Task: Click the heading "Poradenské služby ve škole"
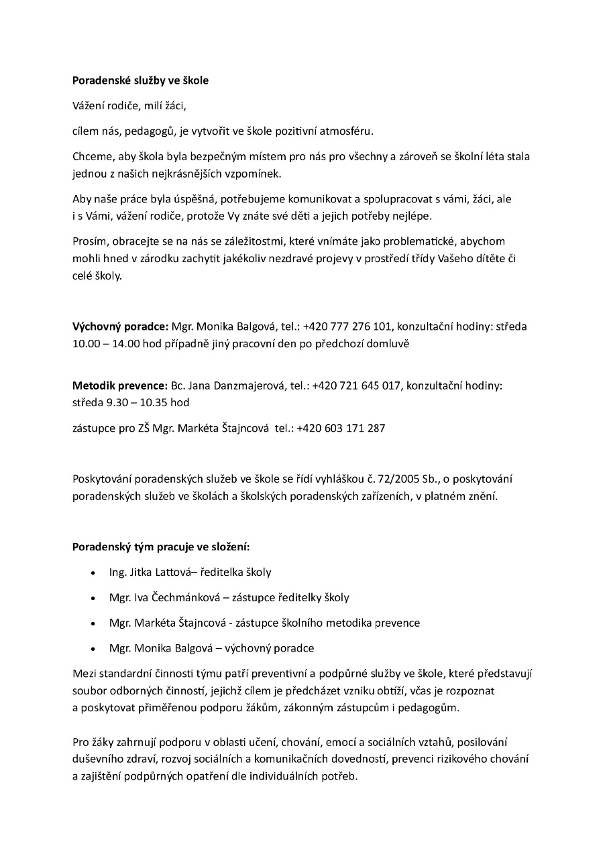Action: (x=140, y=80)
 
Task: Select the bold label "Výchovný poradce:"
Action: (x=120, y=326)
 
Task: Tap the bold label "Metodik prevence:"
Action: (x=119, y=386)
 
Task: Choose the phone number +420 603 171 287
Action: (x=341, y=428)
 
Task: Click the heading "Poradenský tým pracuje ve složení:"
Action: (x=161, y=546)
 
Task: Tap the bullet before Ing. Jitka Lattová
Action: (x=93, y=573)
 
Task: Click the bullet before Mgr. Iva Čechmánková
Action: (x=93, y=598)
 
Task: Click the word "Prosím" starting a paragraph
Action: (x=89, y=241)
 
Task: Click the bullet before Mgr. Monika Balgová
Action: (x=93, y=649)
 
